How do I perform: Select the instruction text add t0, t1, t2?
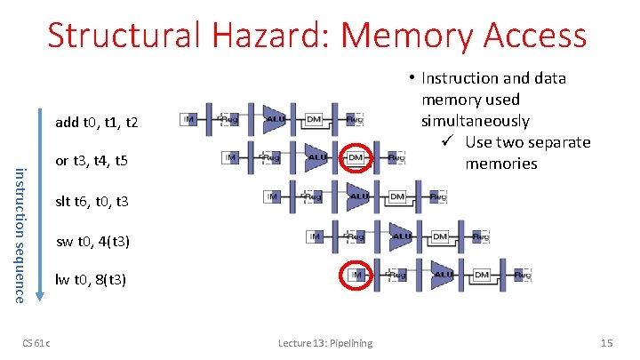click(x=96, y=122)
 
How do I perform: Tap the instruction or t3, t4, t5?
click(x=92, y=161)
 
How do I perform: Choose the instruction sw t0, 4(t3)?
click(x=93, y=240)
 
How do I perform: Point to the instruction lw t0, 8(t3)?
click(x=92, y=279)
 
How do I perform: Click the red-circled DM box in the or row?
click(x=356, y=157)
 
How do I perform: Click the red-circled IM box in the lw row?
click(x=356, y=275)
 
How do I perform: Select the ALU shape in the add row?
click(x=275, y=118)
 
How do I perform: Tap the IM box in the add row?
click(x=188, y=118)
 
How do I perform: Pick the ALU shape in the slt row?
click(x=358, y=196)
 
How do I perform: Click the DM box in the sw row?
click(x=439, y=236)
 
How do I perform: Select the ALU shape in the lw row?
click(x=442, y=276)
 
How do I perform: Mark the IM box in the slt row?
click(x=273, y=196)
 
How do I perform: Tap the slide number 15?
click(x=607, y=343)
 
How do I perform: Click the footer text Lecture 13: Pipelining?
click(x=325, y=343)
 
